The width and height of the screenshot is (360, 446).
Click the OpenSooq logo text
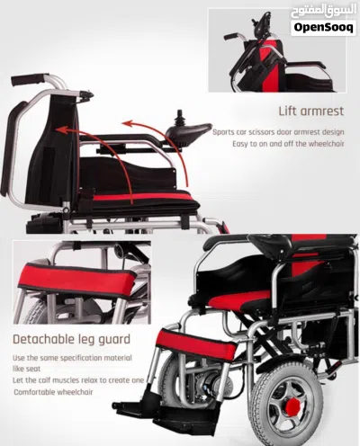pyautogui.click(x=323, y=27)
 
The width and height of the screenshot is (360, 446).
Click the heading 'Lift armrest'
pyautogui.click(x=311, y=111)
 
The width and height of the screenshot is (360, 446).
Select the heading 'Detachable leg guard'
pyautogui.click(x=71, y=339)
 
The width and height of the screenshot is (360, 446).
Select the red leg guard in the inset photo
pyautogui.click(x=77, y=281)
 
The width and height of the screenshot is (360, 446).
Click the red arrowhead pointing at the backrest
pyautogui.click(x=61, y=130)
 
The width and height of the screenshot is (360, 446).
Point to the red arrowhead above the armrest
pyautogui.click(x=127, y=123)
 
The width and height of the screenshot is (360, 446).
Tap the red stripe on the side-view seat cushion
pyautogui.click(x=140, y=197)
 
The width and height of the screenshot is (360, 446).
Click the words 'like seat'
pyautogui.click(x=26, y=369)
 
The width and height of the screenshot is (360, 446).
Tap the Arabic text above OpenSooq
pyautogui.click(x=323, y=12)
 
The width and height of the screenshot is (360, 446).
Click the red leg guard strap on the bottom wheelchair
pyautogui.click(x=196, y=345)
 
